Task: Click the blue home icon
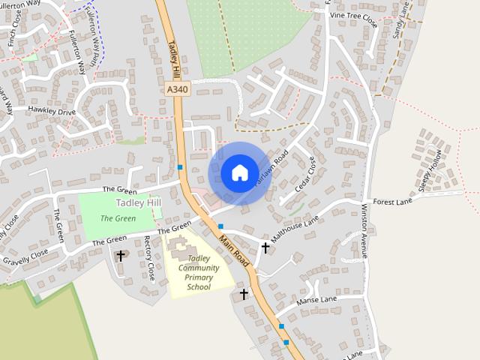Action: [239, 173]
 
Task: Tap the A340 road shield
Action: [177, 89]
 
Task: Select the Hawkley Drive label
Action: [52, 112]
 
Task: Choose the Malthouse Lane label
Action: [295, 228]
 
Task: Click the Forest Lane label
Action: [394, 201]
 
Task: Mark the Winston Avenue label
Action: [364, 230]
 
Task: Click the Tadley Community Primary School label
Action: [199, 272]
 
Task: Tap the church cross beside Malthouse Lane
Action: [265, 247]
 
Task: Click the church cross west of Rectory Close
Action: [121, 256]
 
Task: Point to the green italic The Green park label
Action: [118, 218]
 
